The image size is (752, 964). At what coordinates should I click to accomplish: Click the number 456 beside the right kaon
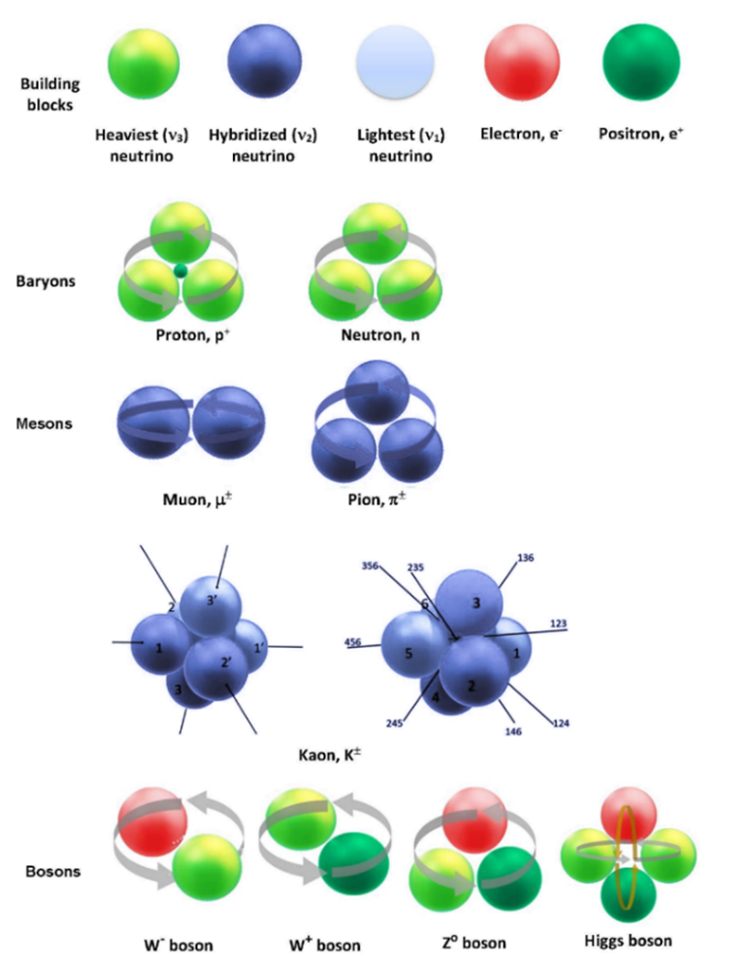point(354,642)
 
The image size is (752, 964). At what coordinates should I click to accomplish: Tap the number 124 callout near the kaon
point(562,723)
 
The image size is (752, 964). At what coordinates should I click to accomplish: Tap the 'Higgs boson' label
point(629,940)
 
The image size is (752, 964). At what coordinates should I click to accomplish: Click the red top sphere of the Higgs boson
point(629,814)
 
